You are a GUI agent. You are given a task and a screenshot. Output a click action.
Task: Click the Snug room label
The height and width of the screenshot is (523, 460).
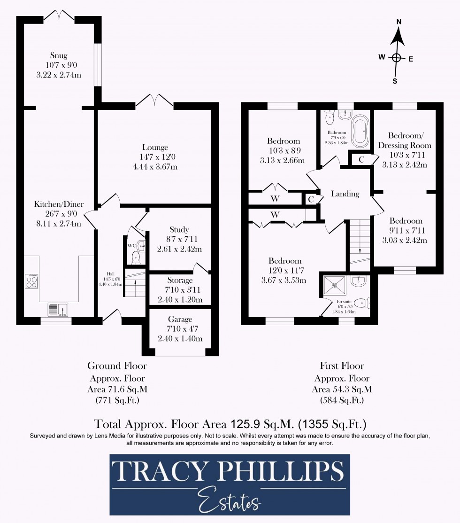point(59,56)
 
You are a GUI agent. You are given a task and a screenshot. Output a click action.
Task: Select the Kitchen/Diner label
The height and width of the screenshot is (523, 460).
point(59,204)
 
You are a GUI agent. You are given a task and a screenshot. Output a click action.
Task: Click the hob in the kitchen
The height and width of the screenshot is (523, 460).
point(31,281)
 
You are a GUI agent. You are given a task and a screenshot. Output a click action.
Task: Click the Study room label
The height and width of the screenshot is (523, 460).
point(179,230)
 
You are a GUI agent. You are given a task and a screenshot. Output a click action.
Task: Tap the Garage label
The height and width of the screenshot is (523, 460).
point(180,320)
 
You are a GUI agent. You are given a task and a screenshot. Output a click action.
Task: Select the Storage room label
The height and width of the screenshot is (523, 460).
point(180,280)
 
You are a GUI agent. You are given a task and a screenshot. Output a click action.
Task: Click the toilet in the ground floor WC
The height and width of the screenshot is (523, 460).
point(136,257)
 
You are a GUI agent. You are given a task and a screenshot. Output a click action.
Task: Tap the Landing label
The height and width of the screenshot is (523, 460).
point(345,194)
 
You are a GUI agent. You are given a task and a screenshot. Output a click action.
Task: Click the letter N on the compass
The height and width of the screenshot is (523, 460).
point(399,22)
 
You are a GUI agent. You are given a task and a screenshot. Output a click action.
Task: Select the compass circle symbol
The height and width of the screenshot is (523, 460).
point(397,58)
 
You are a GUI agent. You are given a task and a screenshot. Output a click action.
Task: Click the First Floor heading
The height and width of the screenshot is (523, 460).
point(342,366)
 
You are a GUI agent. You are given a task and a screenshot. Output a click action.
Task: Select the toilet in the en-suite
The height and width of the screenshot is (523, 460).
point(360,303)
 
